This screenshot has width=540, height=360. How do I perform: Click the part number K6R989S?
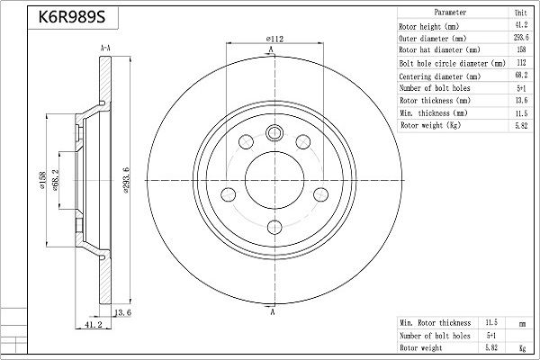pos(72,16)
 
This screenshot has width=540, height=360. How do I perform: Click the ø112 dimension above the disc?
pos(274,39)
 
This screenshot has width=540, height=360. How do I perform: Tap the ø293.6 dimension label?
pos(126,180)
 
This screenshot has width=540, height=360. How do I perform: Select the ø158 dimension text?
pos(42,180)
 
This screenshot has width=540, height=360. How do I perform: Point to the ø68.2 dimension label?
pos(55,180)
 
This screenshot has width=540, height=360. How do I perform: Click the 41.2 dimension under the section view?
pos(93,325)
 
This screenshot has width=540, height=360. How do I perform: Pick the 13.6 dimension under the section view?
pos(123,313)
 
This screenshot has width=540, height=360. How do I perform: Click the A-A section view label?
pos(105,48)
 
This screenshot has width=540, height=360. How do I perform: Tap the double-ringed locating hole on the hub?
pos(274,132)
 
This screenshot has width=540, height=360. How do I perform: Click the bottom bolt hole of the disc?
pos(274,227)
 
